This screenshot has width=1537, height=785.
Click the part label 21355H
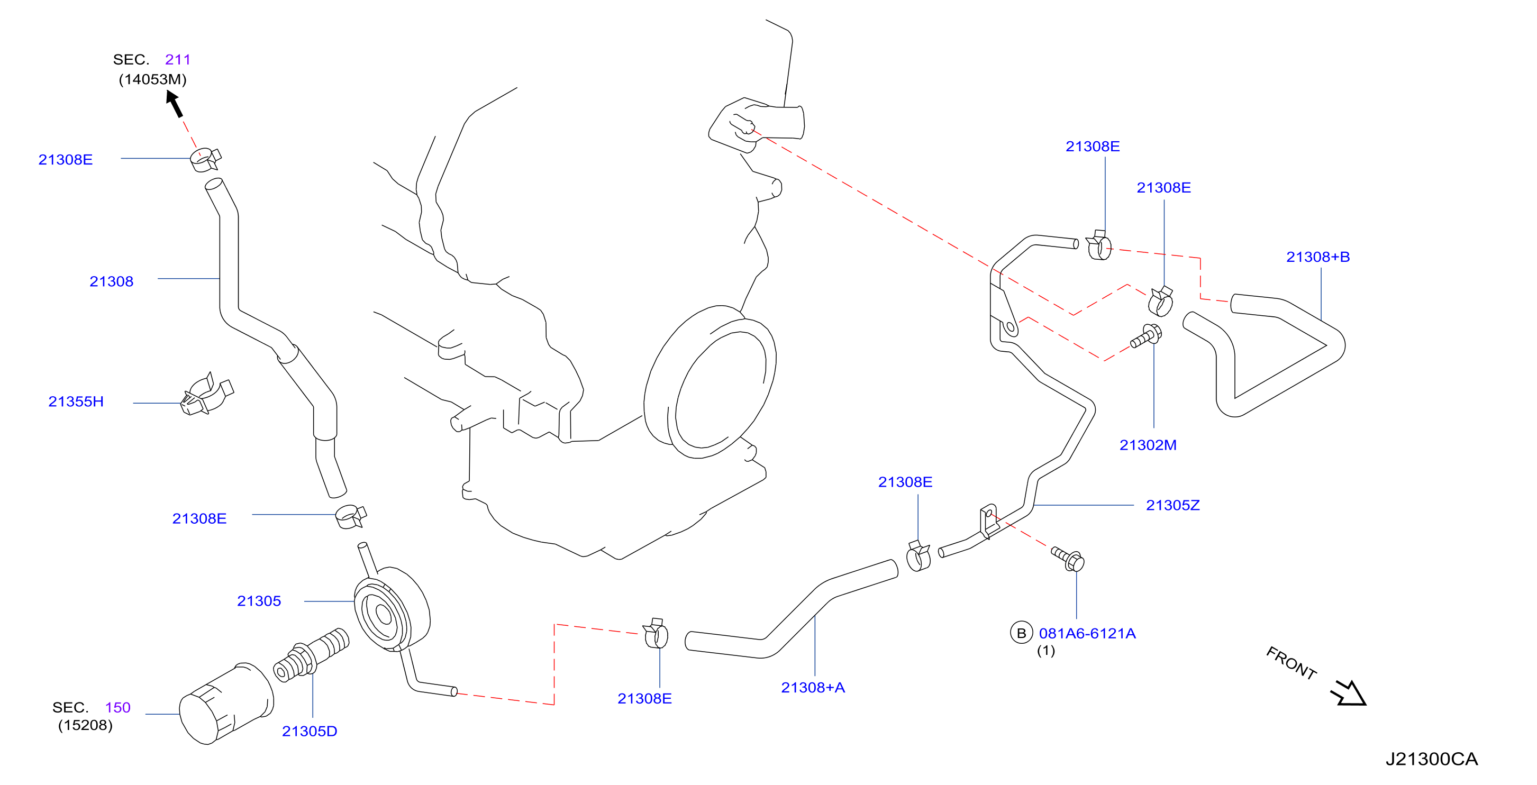click(76, 401)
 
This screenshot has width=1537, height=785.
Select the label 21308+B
click(1317, 257)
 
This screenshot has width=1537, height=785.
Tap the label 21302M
click(1148, 445)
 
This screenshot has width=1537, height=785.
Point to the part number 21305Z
click(1172, 505)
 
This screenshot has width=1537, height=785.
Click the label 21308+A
click(813, 688)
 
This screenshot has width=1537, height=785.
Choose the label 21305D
click(309, 732)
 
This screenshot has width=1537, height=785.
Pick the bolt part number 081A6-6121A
click(1087, 634)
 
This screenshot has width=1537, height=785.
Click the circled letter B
click(1021, 633)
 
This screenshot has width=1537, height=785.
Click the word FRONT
click(1291, 663)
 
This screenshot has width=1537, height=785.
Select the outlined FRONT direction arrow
click(1349, 693)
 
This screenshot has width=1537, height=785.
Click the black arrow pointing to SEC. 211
click(174, 104)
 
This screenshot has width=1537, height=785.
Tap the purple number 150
click(117, 707)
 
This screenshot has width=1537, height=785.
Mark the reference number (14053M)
click(153, 79)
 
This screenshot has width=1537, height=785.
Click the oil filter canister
click(226, 704)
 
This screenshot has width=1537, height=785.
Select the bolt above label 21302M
click(1146, 336)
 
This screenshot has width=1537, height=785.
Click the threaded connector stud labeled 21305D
click(311, 655)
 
